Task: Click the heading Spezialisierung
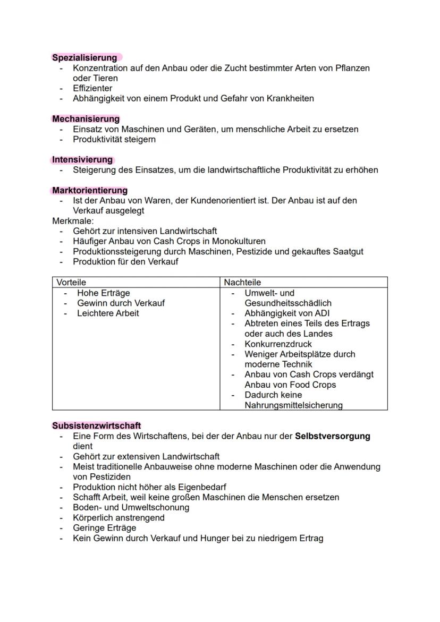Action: pos(84,57)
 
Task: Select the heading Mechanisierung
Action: pos(86,119)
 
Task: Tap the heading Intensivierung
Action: pos(82,160)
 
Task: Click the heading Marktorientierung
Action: pos(90,190)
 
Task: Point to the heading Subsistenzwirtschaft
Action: pos(96,426)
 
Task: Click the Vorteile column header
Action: pos(71,283)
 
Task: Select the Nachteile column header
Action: pos(242,283)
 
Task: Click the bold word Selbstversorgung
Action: pos(332,436)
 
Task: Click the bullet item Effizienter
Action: pos(92,88)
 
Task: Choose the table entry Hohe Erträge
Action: pos(103,293)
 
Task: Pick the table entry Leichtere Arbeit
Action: pos(108,313)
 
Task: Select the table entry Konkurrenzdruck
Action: pos(278,344)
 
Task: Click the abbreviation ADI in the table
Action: pos(322,313)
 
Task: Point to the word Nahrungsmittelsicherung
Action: pos(293,405)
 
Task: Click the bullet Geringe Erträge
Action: pos(104,528)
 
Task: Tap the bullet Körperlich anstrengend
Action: pos(119,518)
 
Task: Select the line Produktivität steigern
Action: pos(114,140)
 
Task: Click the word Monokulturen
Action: pos(234,241)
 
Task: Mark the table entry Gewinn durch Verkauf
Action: pos(121,303)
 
